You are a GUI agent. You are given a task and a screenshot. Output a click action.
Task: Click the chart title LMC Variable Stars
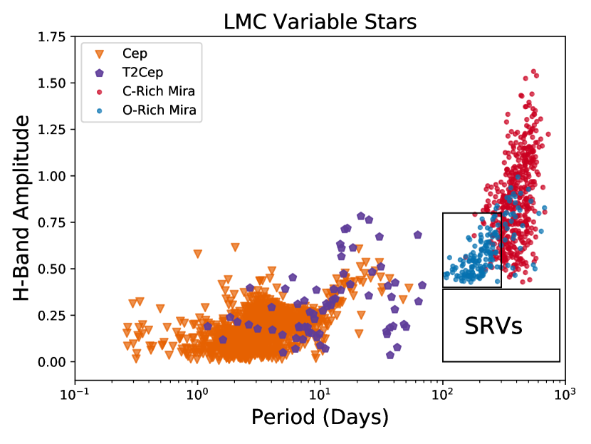[x=320, y=21]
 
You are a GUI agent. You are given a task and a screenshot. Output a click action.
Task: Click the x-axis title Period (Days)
[x=320, y=417]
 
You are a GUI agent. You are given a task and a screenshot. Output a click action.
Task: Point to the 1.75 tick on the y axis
[x=54, y=37]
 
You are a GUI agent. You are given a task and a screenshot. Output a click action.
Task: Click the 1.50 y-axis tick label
[x=54, y=83]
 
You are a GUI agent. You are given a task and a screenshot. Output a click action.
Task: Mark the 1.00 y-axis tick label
[x=54, y=176]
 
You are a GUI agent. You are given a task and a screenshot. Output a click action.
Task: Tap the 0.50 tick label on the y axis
[x=54, y=269]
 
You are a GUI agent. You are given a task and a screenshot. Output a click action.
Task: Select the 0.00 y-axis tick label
[x=54, y=362]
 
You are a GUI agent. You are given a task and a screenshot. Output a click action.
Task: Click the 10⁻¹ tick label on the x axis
[x=74, y=393]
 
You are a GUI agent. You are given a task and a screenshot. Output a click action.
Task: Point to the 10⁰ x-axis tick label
[x=197, y=393]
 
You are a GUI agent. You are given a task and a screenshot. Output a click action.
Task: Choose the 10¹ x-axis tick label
[x=320, y=393]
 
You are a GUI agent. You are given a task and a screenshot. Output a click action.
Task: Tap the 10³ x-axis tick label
[x=565, y=393]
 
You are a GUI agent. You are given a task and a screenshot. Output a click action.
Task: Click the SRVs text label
[x=493, y=326]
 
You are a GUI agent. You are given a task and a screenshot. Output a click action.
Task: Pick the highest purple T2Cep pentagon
[x=361, y=215]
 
